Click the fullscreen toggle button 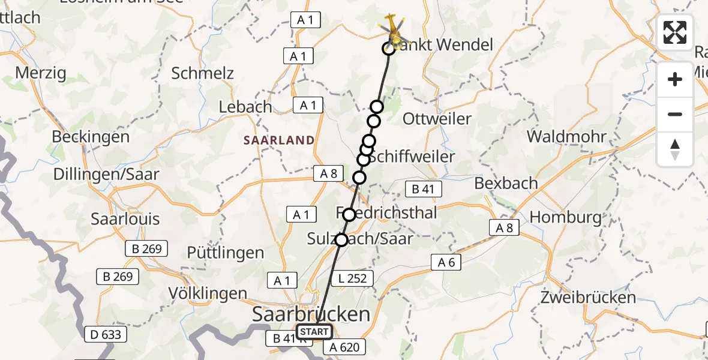click(675, 32)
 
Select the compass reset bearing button click(675, 149)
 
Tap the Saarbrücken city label click(311, 314)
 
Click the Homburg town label click(566, 217)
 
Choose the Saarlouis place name click(125, 218)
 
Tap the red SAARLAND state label click(278, 140)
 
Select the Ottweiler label click(437, 119)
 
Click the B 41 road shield click(424, 190)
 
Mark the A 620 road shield click(343, 347)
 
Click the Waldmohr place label click(566, 136)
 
